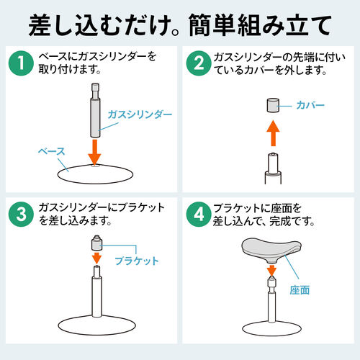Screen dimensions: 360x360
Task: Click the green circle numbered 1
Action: point(22,64)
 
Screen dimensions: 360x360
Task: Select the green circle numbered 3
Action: point(22,215)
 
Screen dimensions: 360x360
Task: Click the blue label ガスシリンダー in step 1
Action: point(140,114)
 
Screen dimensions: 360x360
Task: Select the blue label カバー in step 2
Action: point(310,106)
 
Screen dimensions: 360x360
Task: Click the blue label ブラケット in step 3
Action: point(136,261)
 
